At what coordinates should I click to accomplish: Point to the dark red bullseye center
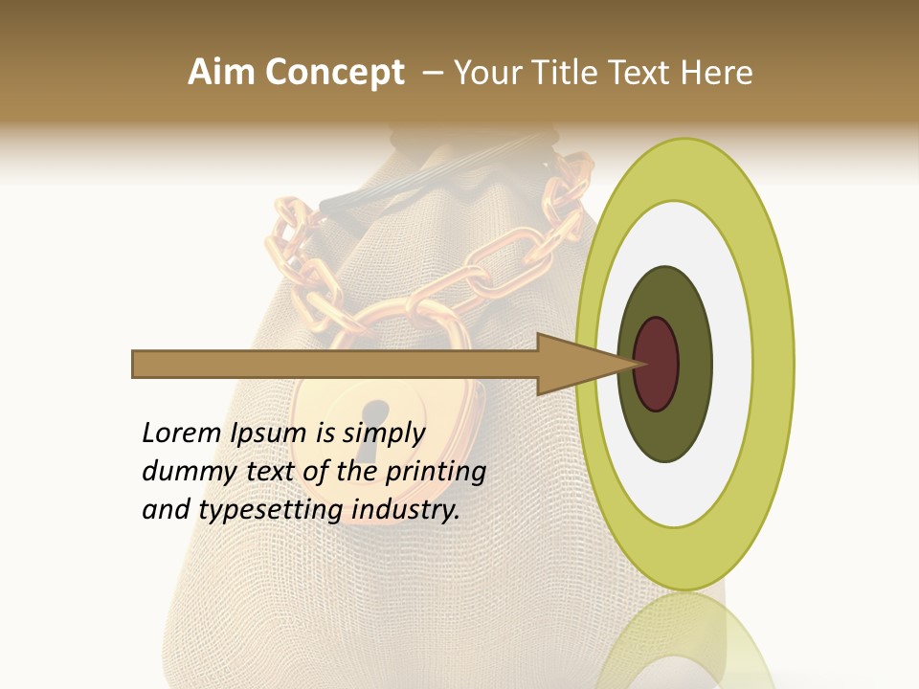pos(656,364)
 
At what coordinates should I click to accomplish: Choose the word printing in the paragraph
pos(435,472)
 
